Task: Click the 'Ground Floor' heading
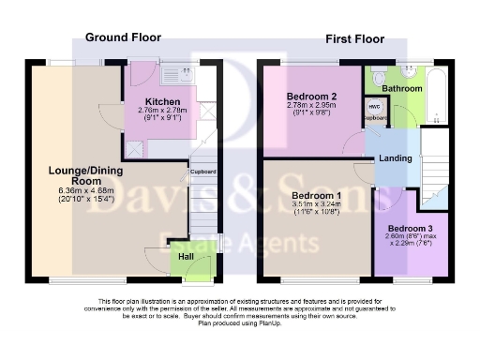point(123,37)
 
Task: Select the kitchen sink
point(175,71)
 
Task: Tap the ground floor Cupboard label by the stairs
point(203,172)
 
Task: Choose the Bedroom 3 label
point(411,229)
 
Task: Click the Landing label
point(395,158)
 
